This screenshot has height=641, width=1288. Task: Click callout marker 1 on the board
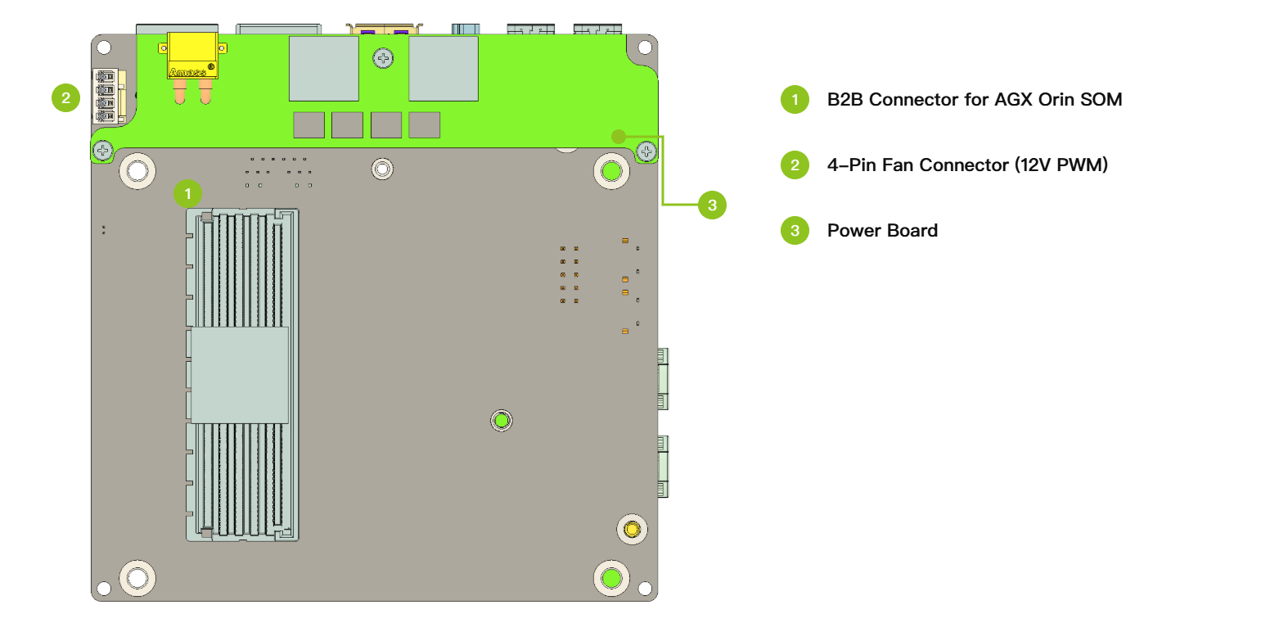(x=187, y=194)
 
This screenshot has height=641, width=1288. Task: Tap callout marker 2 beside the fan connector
(x=65, y=97)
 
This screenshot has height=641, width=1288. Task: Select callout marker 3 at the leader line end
(x=712, y=205)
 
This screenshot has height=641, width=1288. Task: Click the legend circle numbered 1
(x=795, y=100)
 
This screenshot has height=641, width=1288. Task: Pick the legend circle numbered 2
(x=795, y=165)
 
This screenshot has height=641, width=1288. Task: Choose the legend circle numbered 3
(x=795, y=231)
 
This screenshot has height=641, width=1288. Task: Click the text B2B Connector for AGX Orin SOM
(x=975, y=100)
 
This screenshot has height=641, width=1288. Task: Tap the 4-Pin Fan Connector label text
(x=968, y=165)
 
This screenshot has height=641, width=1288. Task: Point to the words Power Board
(x=883, y=231)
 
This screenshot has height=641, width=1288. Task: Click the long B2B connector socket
(x=242, y=375)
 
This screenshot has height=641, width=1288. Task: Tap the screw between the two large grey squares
(x=383, y=58)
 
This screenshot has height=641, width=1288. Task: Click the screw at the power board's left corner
(x=103, y=151)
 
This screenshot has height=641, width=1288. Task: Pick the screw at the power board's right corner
(x=647, y=152)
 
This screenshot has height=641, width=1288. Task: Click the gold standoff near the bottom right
(x=632, y=530)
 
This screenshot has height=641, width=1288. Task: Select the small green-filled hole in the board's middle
(x=502, y=421)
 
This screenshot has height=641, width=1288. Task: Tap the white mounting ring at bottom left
(x=137, y=578)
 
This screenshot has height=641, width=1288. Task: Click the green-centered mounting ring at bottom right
(x=611, y=578)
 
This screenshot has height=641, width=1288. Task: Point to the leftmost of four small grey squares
(x=308, y=125)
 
